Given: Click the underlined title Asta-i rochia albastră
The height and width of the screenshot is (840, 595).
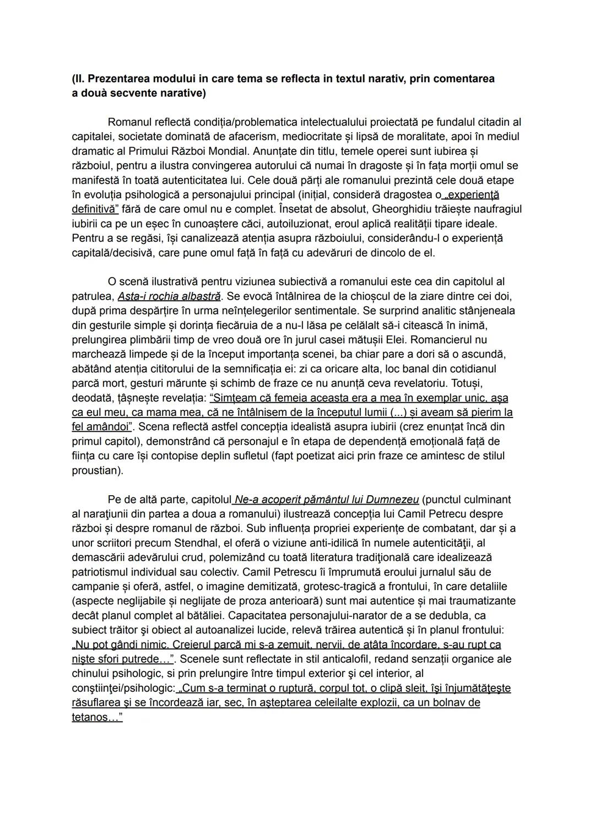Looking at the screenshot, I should pyautogui.click(x=169, y=296).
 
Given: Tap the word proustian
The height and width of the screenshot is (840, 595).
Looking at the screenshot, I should pyautogui.click(x=96, y=471).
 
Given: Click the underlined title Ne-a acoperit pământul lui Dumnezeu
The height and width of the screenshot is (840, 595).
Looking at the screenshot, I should pyautogui.click(x=326, y=500).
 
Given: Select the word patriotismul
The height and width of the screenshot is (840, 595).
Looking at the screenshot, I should pyautogui.click(x=103, y=572).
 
